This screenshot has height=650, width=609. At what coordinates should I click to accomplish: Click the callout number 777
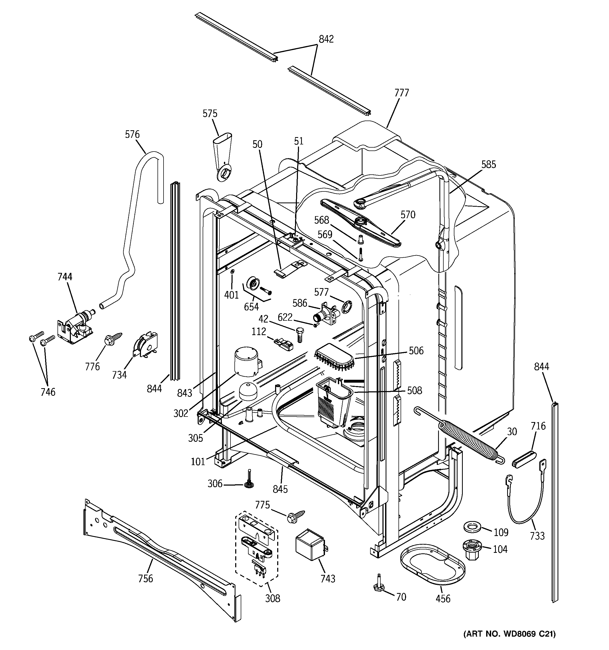(401, 93)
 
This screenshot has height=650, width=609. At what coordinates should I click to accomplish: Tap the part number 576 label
(132, 134)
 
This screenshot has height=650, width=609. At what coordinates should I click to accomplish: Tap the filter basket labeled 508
(333, 404)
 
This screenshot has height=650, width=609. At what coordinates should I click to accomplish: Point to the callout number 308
(273, 598)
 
